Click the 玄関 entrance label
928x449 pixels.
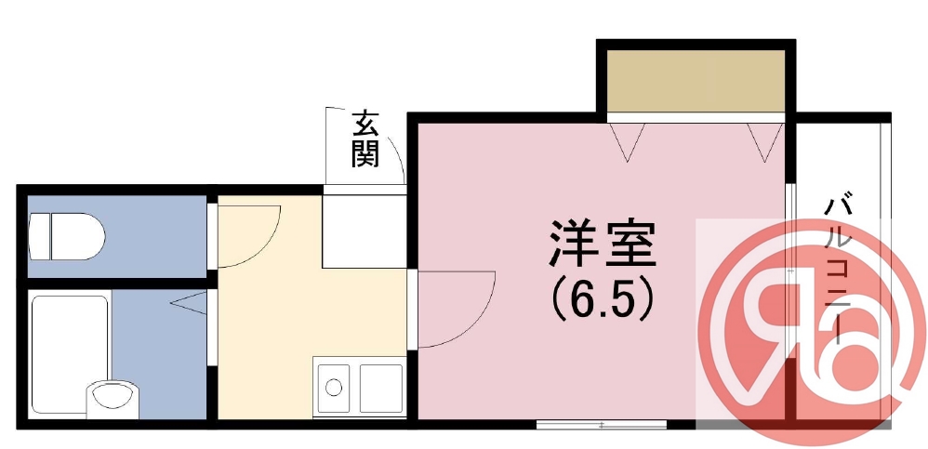(365, 139)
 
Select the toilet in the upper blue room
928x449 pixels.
(66, 236)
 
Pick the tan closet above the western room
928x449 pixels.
(696, 81)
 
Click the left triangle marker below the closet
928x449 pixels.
(629, 140)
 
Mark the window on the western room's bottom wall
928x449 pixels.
(602, 424)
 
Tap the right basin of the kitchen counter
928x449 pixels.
(380, 386)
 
